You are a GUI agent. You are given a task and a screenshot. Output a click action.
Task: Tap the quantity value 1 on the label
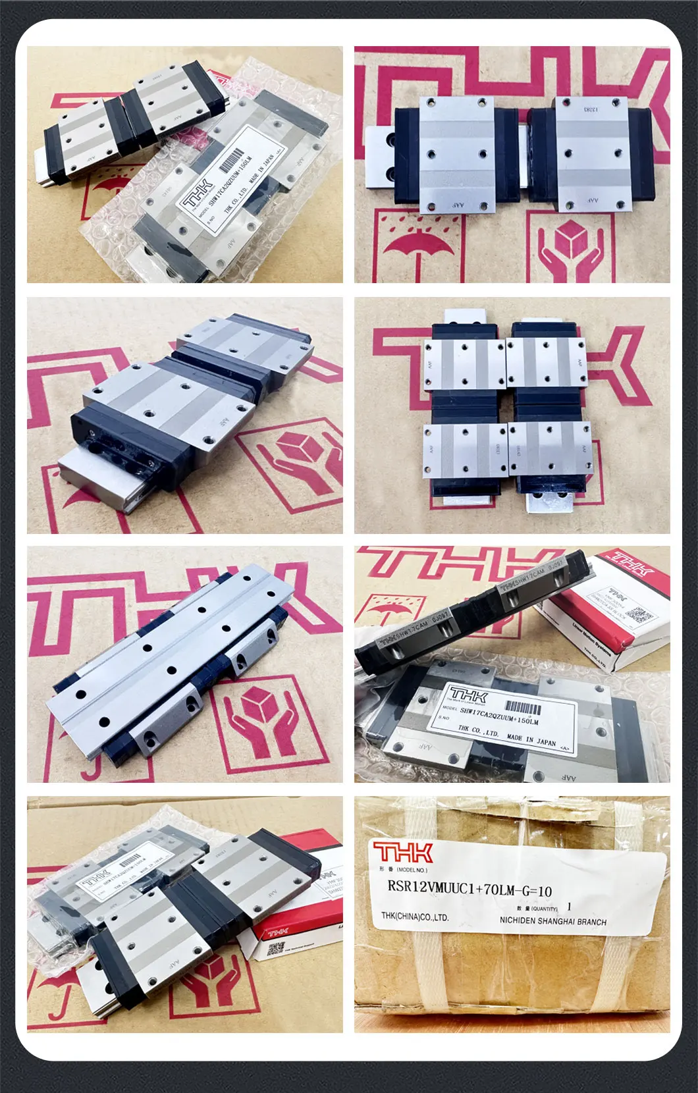click(569, 907)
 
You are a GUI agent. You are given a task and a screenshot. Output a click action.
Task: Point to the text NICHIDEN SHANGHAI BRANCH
click(552, 921)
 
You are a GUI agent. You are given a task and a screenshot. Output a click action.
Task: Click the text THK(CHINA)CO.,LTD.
click(415, 917)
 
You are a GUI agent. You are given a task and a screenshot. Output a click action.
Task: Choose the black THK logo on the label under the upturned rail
click(469, 695)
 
